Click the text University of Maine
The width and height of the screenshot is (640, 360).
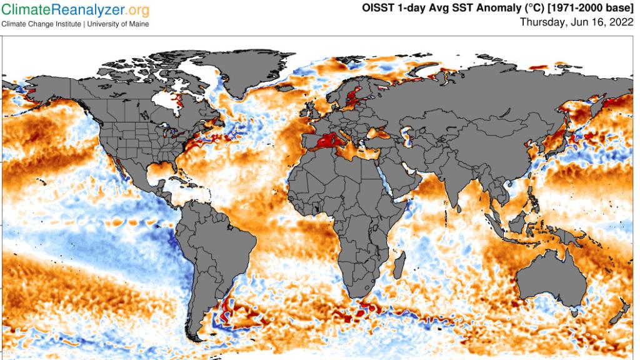point(119,24)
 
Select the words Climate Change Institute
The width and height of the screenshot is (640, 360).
point(41,24)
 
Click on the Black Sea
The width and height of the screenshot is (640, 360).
point(379,132)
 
